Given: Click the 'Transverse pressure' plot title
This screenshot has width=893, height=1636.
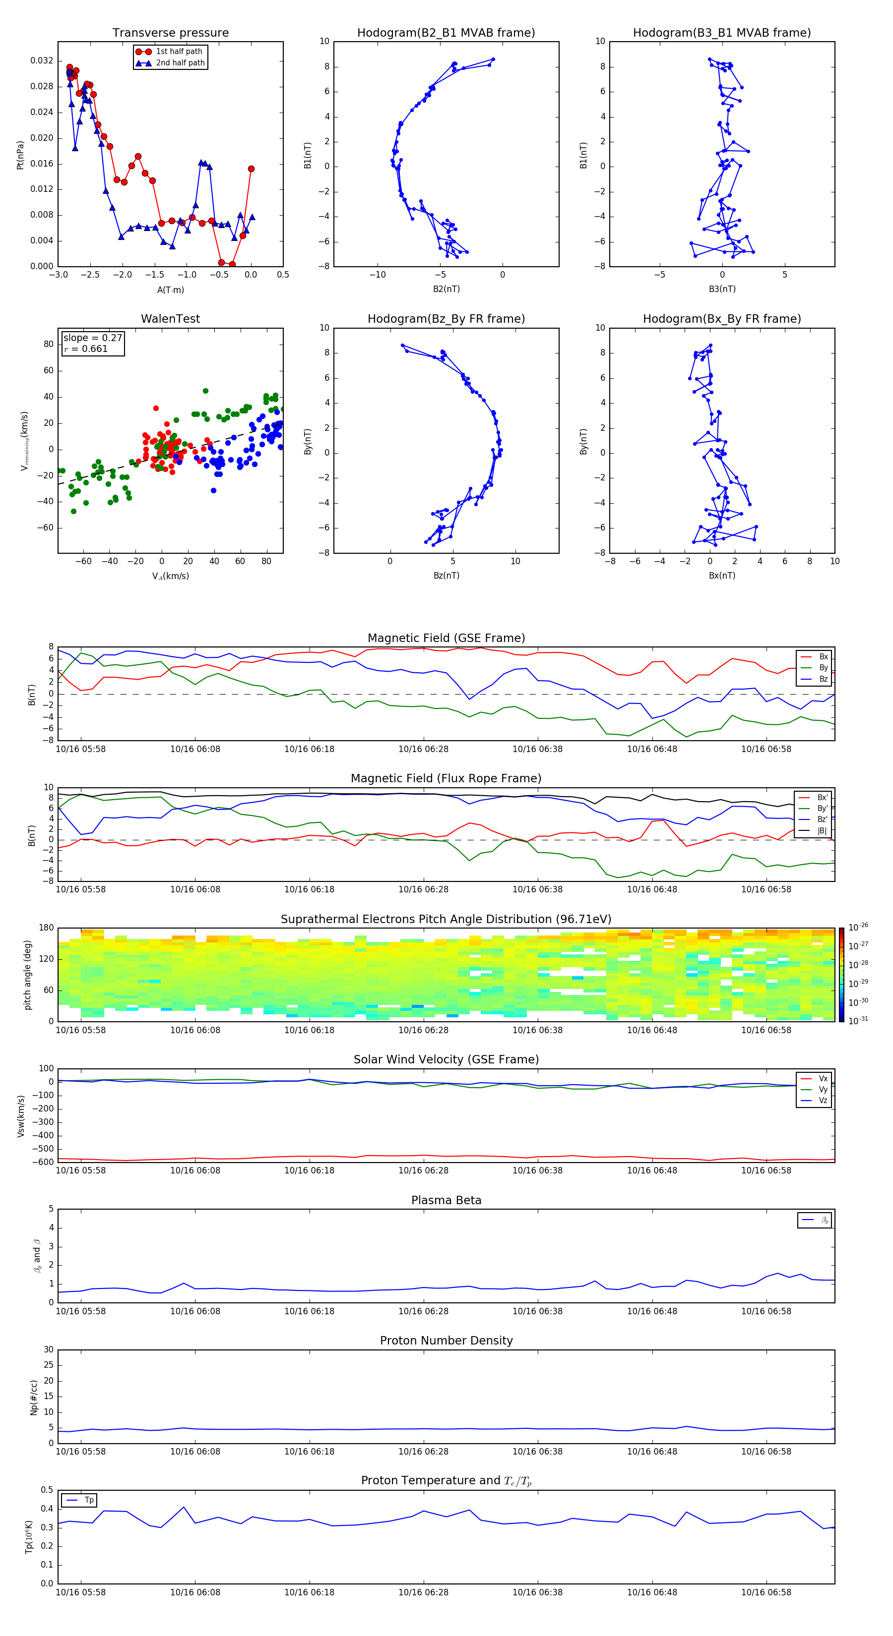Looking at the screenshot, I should coord(170,33).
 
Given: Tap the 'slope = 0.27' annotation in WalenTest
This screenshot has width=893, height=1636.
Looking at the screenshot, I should coord(92,338).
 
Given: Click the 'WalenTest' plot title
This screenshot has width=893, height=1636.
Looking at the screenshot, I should coord(170,319).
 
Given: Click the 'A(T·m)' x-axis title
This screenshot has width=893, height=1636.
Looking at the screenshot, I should coord(170,290).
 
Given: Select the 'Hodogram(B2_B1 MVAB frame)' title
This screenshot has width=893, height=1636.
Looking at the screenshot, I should coord(446,33).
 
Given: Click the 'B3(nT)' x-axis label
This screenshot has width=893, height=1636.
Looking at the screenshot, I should coord(722,289).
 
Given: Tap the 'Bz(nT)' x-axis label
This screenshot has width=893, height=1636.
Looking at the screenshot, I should coord(446,576).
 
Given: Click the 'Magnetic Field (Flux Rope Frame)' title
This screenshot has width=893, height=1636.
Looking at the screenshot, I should coord(446,779).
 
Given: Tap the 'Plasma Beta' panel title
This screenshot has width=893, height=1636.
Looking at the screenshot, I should coord(446,1200).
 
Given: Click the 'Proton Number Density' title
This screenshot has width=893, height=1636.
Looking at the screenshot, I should coord(446,1341).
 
